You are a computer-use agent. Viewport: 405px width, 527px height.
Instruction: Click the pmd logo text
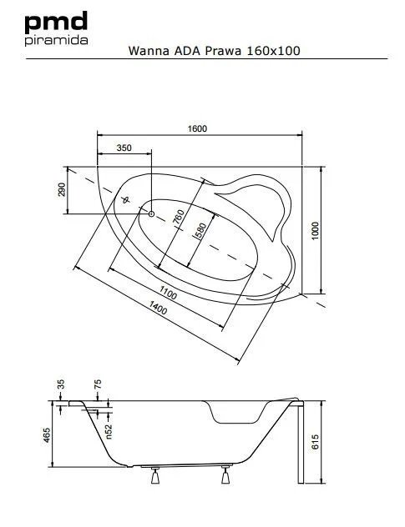point(56,22)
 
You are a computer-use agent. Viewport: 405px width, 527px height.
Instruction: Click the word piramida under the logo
point(56,40)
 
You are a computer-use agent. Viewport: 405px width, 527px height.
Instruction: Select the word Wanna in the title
point(149,51)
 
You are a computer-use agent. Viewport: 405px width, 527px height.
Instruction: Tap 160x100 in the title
point(273,51)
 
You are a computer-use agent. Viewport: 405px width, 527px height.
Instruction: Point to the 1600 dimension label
point(197,128)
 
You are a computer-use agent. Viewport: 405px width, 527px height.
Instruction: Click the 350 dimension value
point(124,148)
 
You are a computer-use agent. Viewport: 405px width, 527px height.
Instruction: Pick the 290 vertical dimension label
point(62,190)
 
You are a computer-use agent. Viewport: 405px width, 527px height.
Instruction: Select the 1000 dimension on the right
point(315,231)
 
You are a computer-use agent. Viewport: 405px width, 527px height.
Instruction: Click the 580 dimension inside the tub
point(200,230)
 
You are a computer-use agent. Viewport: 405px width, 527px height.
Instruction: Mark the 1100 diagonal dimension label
point(168,293)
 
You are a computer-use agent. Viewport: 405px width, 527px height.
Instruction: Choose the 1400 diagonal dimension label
point(158,308)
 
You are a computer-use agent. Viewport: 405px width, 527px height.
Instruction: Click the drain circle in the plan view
point(151,213)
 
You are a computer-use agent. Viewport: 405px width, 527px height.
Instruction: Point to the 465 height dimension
point(47,435)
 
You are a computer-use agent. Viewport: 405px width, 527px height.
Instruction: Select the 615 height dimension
point(315,442)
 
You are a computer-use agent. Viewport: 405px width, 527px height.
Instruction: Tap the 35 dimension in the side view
point(61,384)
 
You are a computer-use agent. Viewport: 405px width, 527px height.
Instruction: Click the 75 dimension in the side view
point(98,384)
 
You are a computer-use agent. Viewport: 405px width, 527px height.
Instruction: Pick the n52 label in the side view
point(109,431)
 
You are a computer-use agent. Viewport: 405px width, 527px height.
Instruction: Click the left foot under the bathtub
point(155,475)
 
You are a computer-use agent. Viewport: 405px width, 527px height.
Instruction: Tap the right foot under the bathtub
point(225,474)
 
